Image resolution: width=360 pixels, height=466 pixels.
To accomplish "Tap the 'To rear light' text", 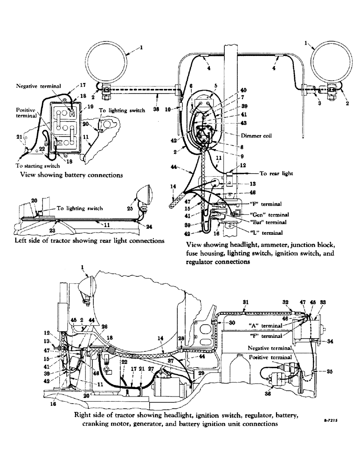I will pyautogui.click(x=276, y=173).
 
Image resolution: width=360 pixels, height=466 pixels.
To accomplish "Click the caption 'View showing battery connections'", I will pyautogui.click(x=71, y=175).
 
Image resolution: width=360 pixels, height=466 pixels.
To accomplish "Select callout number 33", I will pyautogui.click(x=322, y=302).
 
